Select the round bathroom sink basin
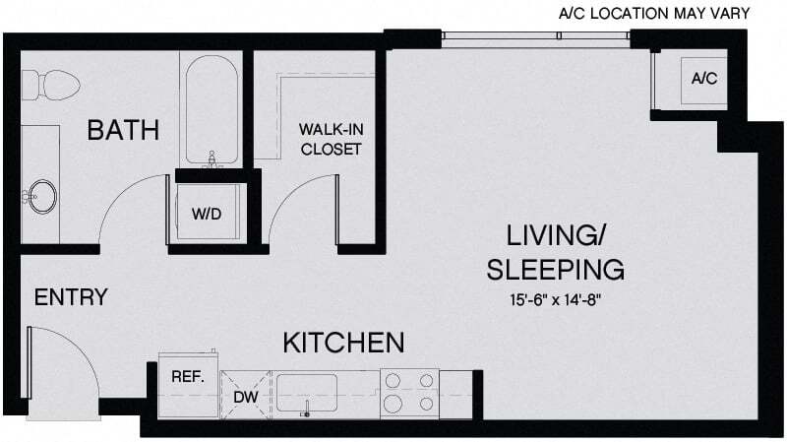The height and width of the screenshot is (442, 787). click(x=42, y=195)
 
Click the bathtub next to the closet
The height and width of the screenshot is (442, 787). click(x=210, y=108)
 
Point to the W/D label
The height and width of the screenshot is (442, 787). click(x=205, y=213)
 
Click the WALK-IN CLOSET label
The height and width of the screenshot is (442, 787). click(x=331, y=140)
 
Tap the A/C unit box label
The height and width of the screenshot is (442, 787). click(x=703, y=78)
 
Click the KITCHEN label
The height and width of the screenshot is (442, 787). click(x=344, y=343)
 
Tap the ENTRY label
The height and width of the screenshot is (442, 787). click(x=70, y=297)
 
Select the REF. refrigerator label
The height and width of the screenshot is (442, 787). click(x=187, y=375)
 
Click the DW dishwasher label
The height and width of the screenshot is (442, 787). click(x=246, y=396)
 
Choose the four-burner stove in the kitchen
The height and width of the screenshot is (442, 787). click(x=409, y=391)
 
